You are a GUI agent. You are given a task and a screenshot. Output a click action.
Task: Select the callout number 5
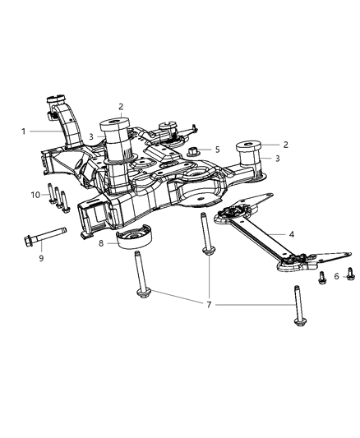(217, 150)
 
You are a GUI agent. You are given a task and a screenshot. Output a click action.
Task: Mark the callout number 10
(35, 194)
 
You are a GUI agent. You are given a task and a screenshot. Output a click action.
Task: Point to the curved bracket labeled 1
(61, 123)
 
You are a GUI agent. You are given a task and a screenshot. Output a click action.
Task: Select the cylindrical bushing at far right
(247, 154)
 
